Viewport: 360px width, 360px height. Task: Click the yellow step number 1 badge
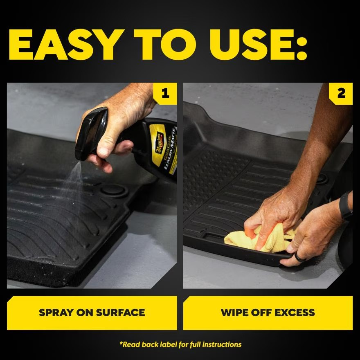pyautogui.click(x=165, y=94)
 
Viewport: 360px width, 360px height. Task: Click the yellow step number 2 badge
pyautogui.click(x=341, y=94)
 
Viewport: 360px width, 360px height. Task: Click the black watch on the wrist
pyautogui.click(x=346, y=205)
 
